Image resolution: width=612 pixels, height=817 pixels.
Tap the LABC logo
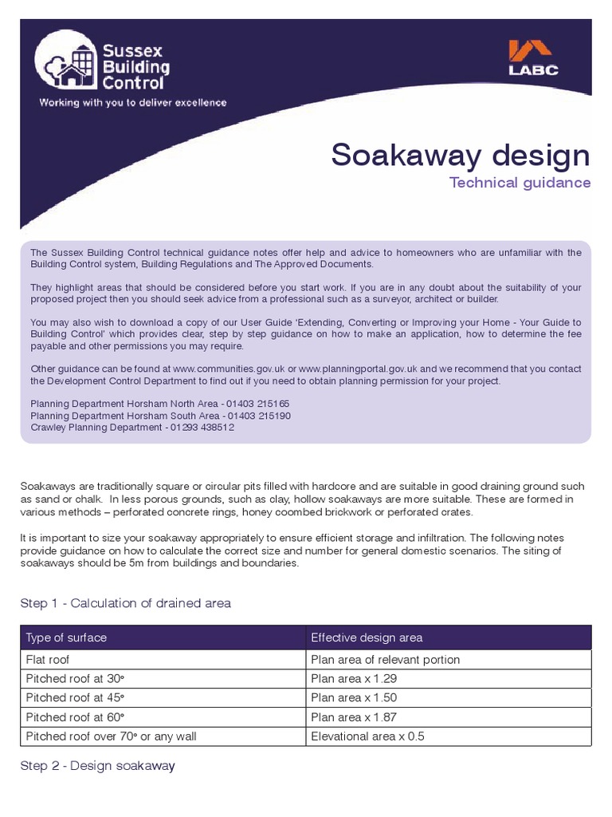(x=533, y=58)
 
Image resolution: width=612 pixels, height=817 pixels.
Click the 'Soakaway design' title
(x=461, y=155)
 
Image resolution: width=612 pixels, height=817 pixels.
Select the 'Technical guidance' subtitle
(x=520, y=183)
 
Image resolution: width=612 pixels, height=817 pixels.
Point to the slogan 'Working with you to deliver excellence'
(x=133, y=103)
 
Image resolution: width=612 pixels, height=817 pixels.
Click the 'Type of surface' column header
(x=66, y=637)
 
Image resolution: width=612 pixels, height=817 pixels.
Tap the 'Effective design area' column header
(x=367, y=637)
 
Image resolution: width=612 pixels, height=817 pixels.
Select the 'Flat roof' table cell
(x=48, y=660)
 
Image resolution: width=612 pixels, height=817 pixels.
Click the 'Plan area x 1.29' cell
(x=354, y=679)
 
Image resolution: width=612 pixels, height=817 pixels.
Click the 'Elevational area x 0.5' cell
(x=367, y=736)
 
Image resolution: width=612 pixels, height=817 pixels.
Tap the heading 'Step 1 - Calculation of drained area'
(x=125, y=603)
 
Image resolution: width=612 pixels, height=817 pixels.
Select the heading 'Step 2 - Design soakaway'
(x=97, y=766)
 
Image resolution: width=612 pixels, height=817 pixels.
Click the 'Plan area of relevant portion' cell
(x=385, y=660)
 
